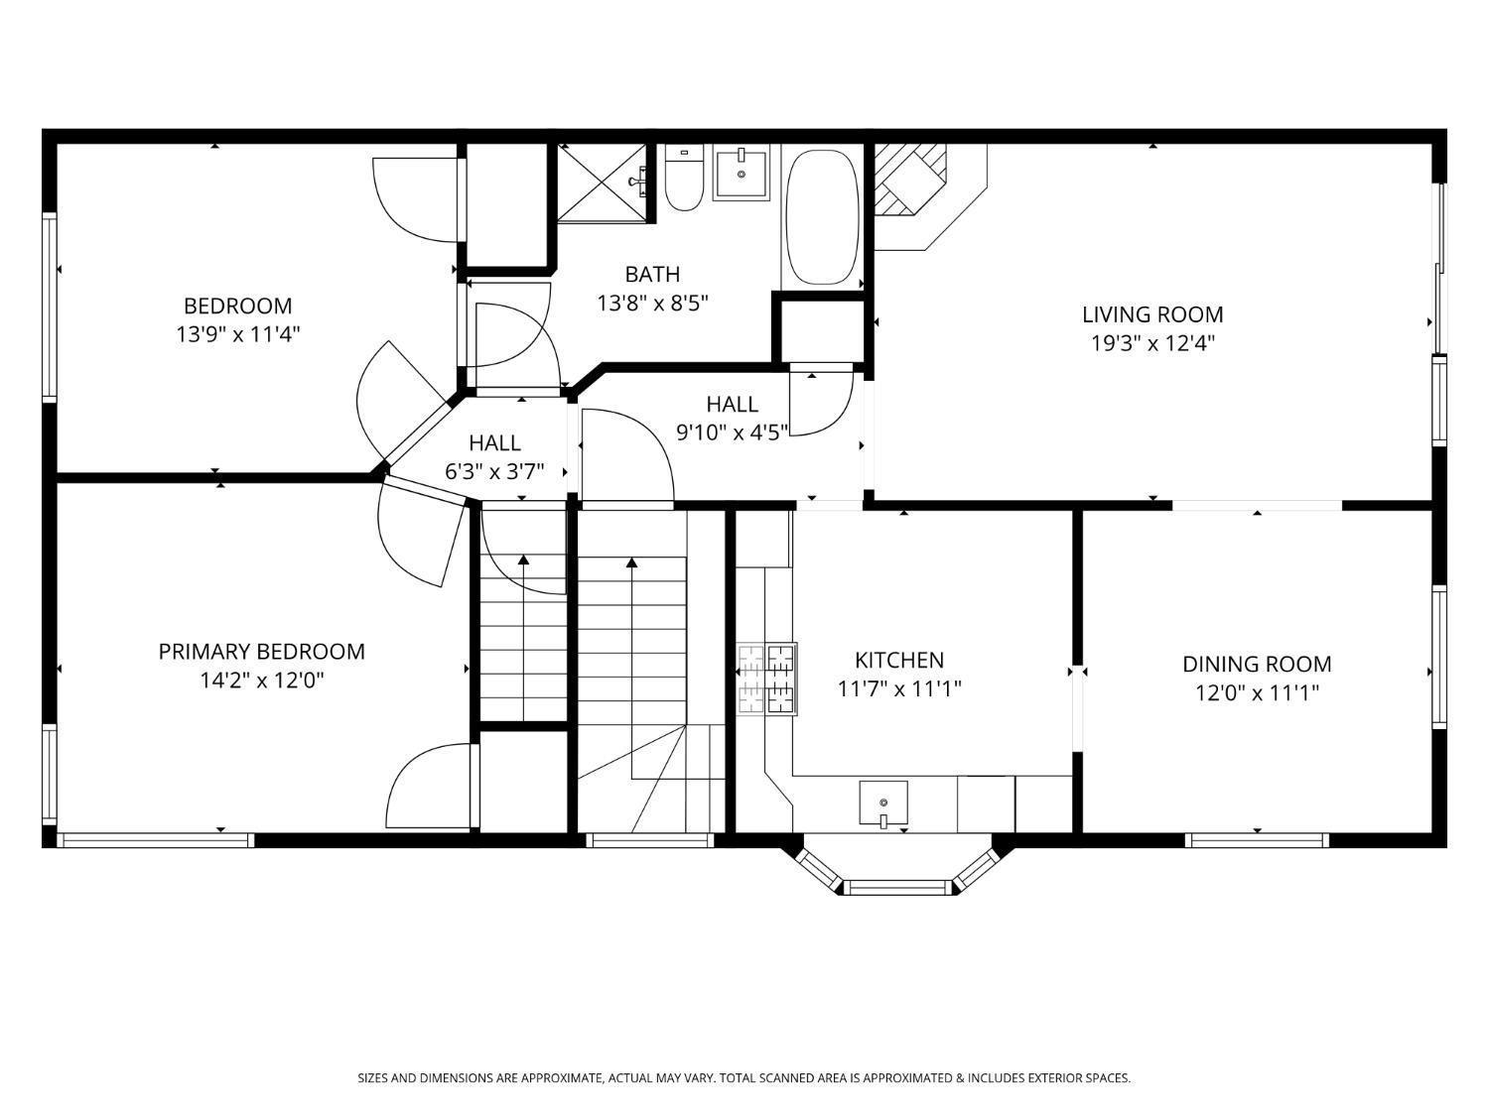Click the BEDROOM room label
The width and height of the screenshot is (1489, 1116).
coord(237,306)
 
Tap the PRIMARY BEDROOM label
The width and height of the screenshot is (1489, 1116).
coord(261,652)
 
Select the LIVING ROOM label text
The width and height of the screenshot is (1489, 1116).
coord(1151,314)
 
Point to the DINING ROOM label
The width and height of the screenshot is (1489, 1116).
coord(1256,664)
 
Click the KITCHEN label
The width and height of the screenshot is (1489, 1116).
coord(898,660)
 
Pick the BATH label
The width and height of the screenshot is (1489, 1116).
coord(652,274)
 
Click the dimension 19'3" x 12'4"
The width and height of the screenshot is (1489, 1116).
coord(1151,343)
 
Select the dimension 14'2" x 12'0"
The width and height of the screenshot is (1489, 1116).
coord(261,681)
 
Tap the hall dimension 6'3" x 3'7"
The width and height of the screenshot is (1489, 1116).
coord(494,471)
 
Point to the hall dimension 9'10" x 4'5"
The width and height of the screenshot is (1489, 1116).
coord(732,432)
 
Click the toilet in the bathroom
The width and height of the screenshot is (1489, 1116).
coord(683,181)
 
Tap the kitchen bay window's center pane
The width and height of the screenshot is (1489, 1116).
coord(897,886)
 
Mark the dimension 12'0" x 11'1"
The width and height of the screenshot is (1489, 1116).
coord(1256,692)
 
